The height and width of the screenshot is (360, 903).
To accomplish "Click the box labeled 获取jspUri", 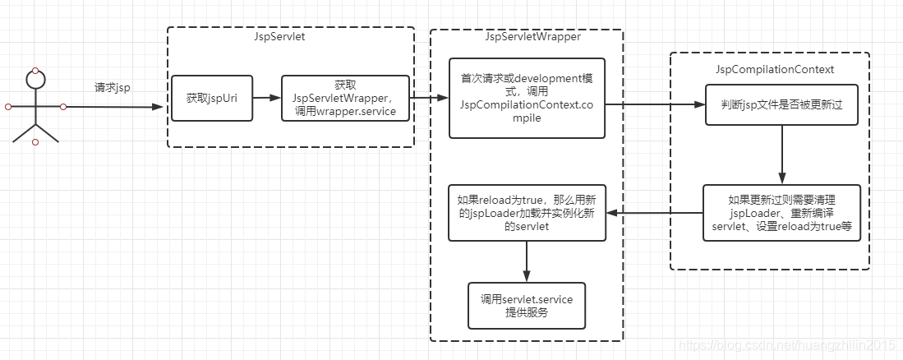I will (x=212, y=98).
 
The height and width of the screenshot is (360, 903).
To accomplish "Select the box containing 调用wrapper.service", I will (x=344, y=98).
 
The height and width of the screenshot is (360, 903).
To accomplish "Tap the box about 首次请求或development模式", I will (x=526, y=98).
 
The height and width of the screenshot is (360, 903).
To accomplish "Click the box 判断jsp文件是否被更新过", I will (x=781, y=105).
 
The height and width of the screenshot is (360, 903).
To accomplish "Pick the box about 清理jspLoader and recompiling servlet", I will (x=781, y=212).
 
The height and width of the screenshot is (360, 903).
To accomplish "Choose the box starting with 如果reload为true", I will (x=526, y=212).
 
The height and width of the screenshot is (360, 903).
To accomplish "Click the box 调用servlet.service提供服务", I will (x=526, y=306).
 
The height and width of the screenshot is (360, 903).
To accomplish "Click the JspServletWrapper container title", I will (x=526, y=38).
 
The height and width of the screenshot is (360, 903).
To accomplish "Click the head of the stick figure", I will (x=35, y=80).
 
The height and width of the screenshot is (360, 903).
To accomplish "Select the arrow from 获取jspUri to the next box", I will (x=266, y=98).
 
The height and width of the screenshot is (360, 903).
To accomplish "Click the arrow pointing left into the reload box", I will (x=653, y=212).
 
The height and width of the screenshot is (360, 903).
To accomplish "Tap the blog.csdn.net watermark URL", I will (x=789, y=347).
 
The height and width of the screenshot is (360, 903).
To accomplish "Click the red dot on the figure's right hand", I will (x=63, y=107).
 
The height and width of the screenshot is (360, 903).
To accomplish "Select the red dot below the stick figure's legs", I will (x=35, y=142).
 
